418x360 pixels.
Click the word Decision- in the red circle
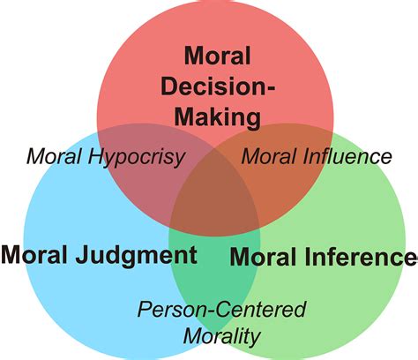(218, 86)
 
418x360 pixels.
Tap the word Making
(218, 117)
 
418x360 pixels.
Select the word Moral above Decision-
(218, 56)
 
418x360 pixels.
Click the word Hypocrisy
(137, 157)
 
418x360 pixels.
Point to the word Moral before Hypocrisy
(54, 156)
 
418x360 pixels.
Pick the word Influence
(347, 156)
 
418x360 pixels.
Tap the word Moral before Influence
(268, 156)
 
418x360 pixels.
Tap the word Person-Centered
(222, 309)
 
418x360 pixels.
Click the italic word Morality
(222, 336)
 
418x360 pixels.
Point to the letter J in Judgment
(83, 255)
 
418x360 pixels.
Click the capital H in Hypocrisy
(96, 156)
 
